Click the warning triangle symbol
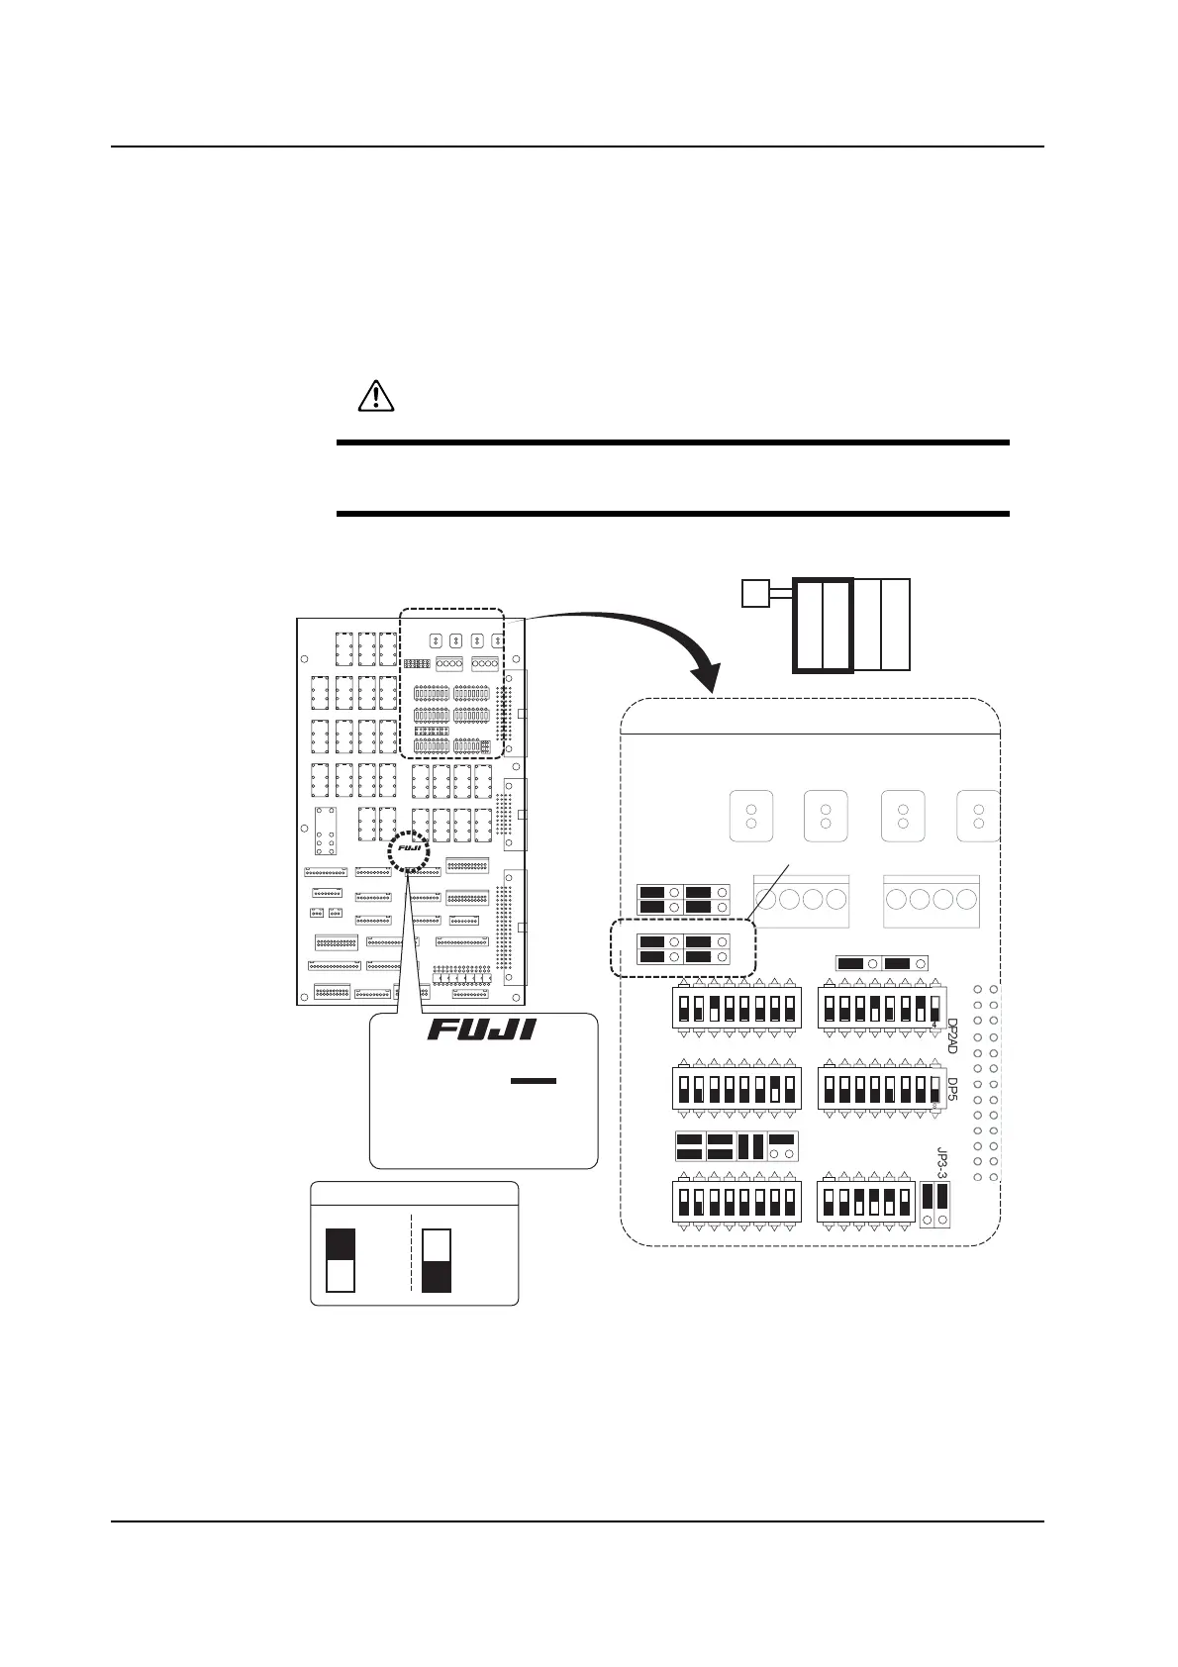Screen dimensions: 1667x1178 [x=375, y=396]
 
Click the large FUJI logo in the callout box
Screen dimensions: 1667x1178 [x=481, y=1030]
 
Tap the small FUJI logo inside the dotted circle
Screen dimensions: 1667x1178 [x=410, y=847]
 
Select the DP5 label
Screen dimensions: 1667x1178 [x=952, y=1091]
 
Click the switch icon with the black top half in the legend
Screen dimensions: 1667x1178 [x=340, y=1260]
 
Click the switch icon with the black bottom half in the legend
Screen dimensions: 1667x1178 [x=436, y=1260]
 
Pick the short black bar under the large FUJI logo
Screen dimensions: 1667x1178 [x=535, y=1081]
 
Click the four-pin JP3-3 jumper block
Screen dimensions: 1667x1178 [x=935, y=1204]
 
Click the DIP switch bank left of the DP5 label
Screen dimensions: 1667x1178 [x=876, y=1089]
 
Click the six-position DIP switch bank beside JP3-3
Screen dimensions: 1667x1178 [x=865, y=1202]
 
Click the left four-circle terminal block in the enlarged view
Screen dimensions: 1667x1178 [x=801, y=900]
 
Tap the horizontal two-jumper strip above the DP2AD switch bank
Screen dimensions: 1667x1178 [x=881, y=963]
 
